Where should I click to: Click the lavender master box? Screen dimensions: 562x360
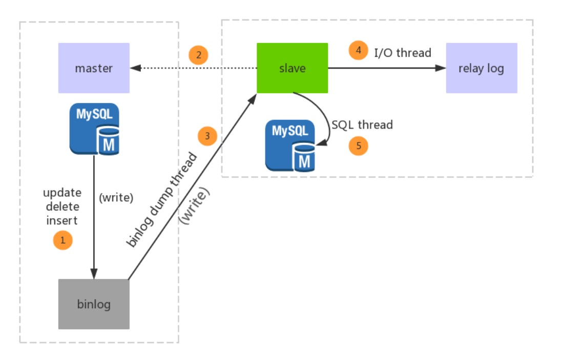pyautogui.click(x=94, y=68)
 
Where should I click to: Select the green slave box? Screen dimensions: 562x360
pyautogui.click(x=292, y=68)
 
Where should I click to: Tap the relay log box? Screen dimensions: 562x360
pyautogui.click(x=482, y=68)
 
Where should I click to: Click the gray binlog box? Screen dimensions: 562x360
pyautogui.click(x=94, y=304)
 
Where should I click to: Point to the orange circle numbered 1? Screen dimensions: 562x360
pyautogui.click(x=63, y=240)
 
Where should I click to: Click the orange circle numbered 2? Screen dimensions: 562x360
pyautogui.click(x=198, y=55)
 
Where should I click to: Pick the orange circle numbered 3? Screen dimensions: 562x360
pyautogui.click(x=207, y=136)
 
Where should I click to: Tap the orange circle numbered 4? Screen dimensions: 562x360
pyautogui.click(x=359, y=50)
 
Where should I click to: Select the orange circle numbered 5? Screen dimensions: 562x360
pyautogui.click(x=359, y=146)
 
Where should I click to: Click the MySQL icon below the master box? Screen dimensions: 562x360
pyautogui.click(x=94, y=129)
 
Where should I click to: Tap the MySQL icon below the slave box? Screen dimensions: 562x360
pyautogui.click(x=290, y=146)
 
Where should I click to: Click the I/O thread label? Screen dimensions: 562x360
pyautogui.click(x=403, y=53)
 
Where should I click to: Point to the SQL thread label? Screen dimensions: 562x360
pyautogui.click(x=362, y=124)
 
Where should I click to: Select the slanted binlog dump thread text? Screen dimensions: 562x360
pyautogui.click(x=162, y=200)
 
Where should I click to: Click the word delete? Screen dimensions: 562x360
pyautogui.click(x=63, y=206)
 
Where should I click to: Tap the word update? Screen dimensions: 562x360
pyautogui.click(x=63, y=193)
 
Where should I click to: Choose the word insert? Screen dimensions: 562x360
pyautogui.click(x=61, y=220)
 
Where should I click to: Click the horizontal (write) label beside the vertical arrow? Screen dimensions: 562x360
pyautogui.click(x=116, y=197)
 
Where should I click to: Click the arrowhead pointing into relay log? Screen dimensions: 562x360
pyautogui.click(x=441, y=68)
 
